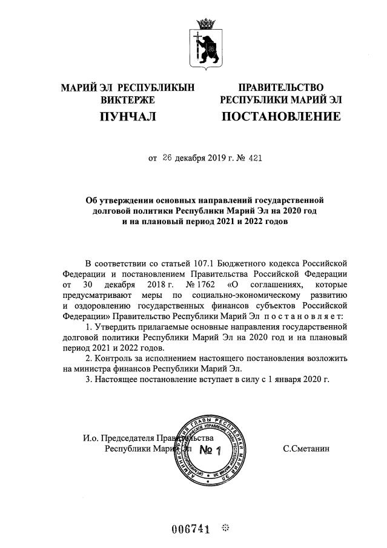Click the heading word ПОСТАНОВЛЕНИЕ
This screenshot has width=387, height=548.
coord(280,116)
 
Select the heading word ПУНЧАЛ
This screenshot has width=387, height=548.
coord(128,116)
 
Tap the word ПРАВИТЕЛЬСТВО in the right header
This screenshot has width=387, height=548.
coord(280,88)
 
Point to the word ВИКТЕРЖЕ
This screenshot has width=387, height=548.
coord(128,100)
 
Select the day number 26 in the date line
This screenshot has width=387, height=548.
coord(168,159)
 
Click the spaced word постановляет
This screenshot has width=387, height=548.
coord(299,315)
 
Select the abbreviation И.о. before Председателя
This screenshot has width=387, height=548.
coord(91,438)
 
